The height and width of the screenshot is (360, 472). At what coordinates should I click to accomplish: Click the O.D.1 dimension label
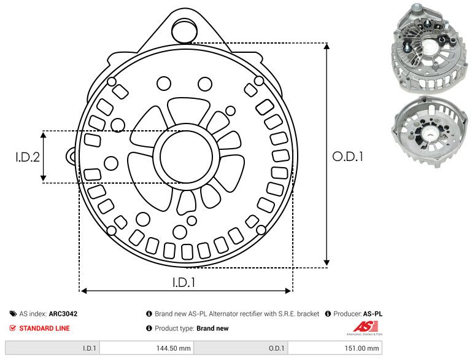tap(348, 157)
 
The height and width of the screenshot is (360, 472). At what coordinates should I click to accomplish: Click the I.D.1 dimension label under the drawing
tap(184, 283)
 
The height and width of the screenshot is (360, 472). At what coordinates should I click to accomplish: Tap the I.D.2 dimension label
tap(28, 157)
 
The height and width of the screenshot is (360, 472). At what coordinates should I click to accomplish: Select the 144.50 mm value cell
tap(175, 348)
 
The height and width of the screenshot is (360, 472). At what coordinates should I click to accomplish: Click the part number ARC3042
tap(63, 313)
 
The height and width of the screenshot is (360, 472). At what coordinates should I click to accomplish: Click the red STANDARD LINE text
tap(44, 328)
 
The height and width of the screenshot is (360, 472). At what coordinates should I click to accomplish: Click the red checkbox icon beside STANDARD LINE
tap(13, 328)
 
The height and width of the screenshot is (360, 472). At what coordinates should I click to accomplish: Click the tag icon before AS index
tap(13, 313)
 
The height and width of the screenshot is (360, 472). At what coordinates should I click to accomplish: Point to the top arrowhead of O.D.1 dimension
tap(327, 49)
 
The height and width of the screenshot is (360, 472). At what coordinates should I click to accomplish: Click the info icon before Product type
tap(149, 328)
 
